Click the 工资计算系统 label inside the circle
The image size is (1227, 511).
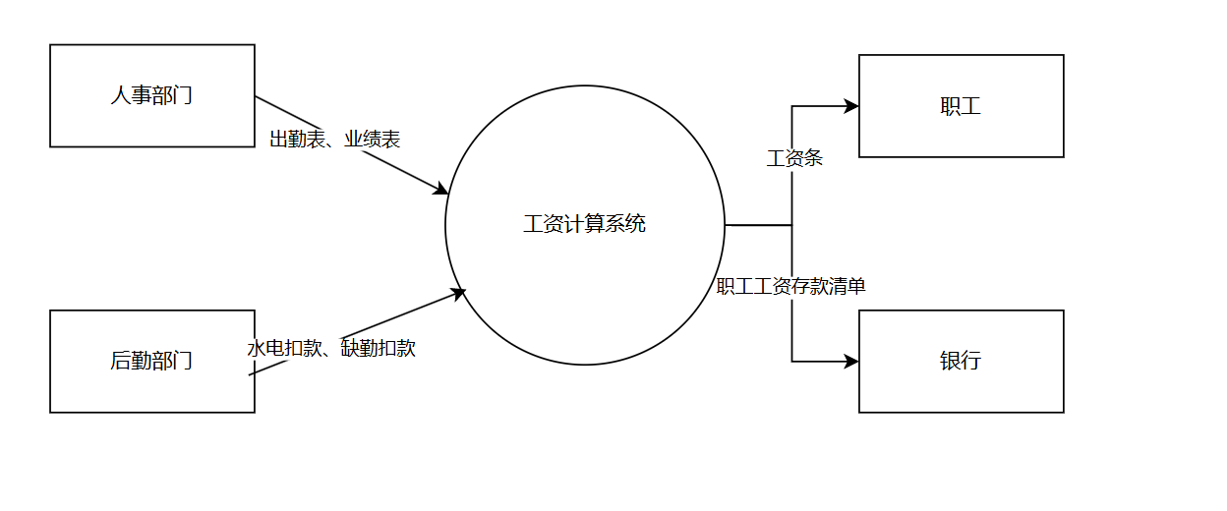584,224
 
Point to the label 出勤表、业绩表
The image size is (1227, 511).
335,140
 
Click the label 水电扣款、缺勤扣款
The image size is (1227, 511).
330,348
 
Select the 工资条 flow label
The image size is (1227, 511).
794,158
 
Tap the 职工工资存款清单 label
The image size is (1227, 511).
790,286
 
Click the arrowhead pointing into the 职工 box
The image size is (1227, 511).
851,106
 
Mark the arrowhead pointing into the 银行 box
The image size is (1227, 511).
851,362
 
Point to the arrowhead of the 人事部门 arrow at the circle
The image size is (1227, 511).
441,189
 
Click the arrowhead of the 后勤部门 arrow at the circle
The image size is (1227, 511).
458,292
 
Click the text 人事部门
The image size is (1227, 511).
151,96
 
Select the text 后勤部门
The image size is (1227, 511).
151,361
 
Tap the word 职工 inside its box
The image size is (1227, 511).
961,106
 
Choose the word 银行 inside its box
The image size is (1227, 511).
961,361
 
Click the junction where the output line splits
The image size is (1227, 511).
792,225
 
